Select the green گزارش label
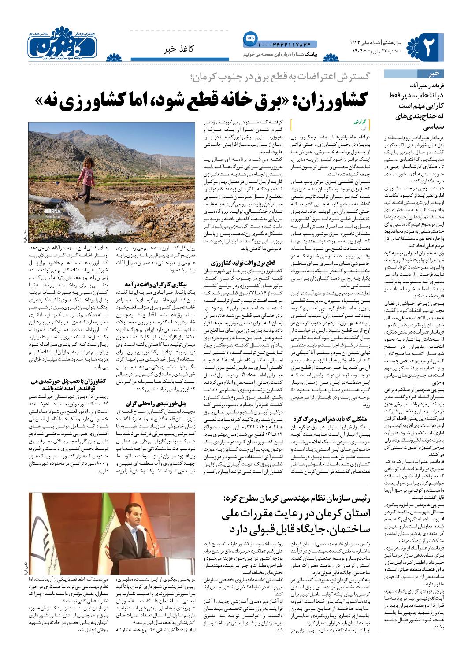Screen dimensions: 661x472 click(359, 121)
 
